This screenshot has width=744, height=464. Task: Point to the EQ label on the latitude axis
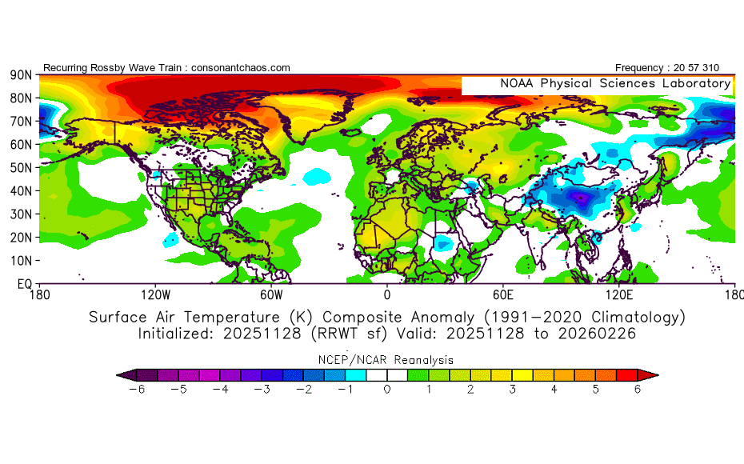tap(23, 284)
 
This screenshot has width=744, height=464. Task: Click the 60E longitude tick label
tap(502, 294)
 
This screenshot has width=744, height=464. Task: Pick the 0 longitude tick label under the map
tap(387, 294)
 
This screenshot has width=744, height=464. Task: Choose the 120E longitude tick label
tap(618, 294)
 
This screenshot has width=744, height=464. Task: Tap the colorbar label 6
tap(638, 390)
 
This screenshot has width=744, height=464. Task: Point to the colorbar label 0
tap(387, 390)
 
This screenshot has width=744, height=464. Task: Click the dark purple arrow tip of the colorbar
tap(122, 374)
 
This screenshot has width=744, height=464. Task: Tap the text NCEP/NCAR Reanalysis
tap(387, 359)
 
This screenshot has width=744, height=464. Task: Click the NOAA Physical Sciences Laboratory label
tap(615, 83)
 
